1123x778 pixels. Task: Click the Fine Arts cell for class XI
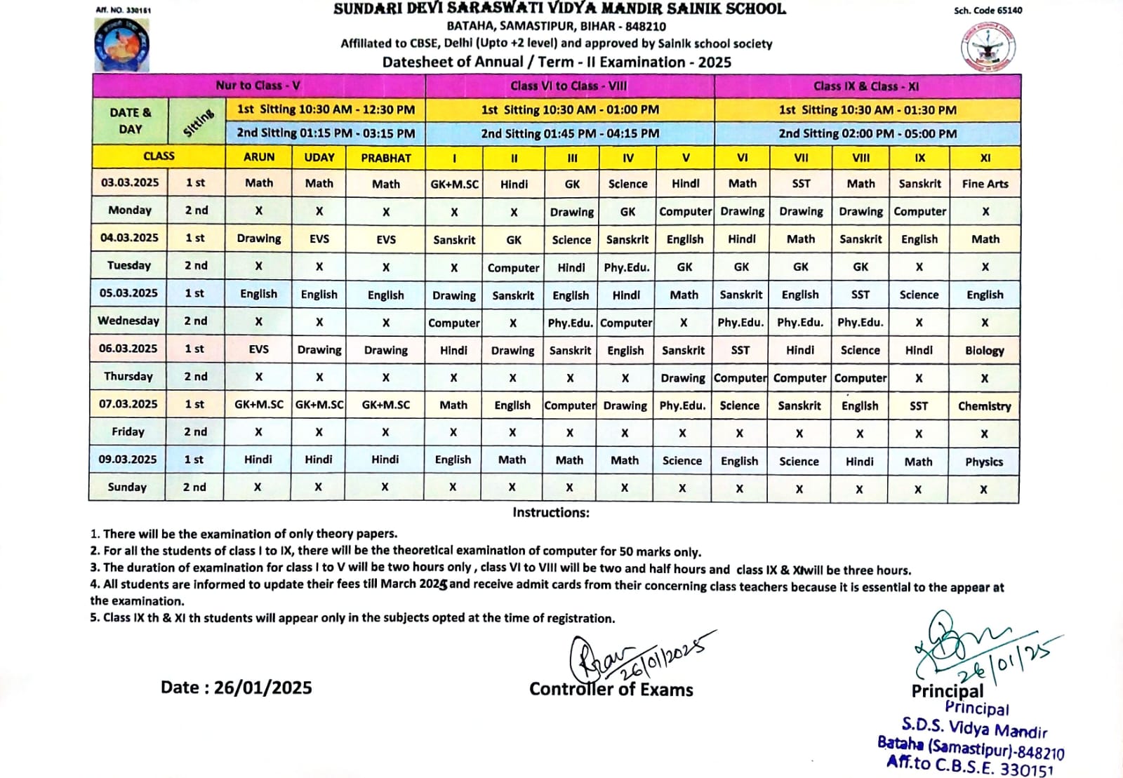(x=985, y=184)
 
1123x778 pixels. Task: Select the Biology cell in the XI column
(x=984, y=350)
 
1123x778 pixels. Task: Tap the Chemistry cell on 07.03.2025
(x=984, y=405)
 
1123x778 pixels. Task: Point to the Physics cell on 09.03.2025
(x=983, y=461)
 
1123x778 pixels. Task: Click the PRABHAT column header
(x=386, y=158)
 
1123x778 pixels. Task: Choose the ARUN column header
(x=259, y=157)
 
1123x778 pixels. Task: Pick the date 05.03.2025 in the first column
(x=129, y=293)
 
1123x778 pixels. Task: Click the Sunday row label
(x=127, y=487)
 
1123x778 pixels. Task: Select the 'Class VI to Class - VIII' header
(x=569, y=86)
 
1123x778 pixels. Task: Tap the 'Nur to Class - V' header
(x=258, y=86)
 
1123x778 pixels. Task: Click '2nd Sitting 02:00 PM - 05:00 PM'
(x=868, y=133)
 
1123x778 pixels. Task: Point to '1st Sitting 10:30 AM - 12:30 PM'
(x=326, y=109)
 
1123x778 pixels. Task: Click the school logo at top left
(x=121, y=43)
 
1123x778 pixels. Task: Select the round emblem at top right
(x=989, y=46)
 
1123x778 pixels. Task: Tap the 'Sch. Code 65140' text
(x=988, y=11)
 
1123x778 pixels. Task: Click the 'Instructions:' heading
(x=551, y=512)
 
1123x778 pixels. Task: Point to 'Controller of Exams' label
(x=611, y=690)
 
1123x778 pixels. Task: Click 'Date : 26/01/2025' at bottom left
(x=236, y=688)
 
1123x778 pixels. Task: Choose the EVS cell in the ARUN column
(x=258, y=349)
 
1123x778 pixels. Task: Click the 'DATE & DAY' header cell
(x=130, y=121)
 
